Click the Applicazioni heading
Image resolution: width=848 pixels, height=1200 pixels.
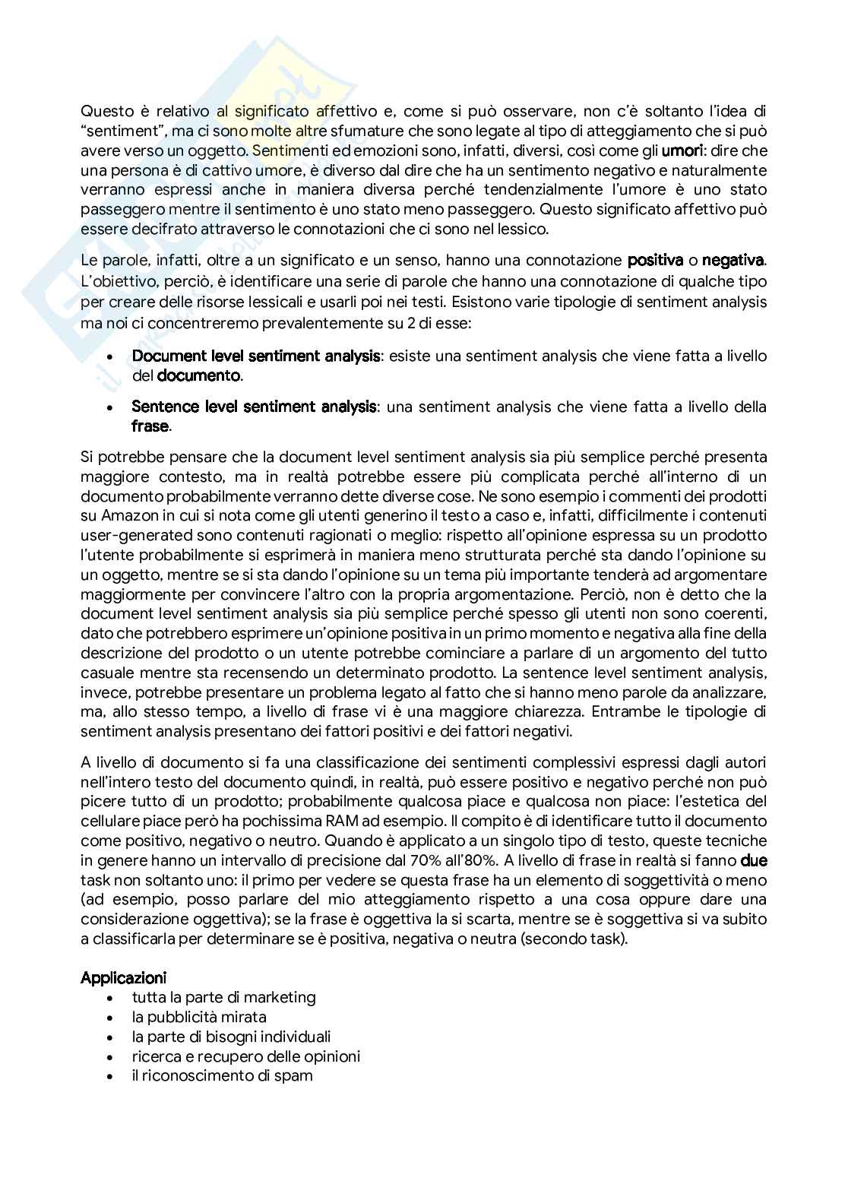(124, 977)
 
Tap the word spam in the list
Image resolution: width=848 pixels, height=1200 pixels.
(295, 1075)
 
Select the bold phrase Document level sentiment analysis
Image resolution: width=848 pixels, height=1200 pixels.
(256, 356)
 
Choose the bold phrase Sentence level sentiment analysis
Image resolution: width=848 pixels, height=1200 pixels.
(254, 407)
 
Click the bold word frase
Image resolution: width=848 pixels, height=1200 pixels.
(150, 426)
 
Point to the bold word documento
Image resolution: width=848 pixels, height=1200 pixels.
(199, 375)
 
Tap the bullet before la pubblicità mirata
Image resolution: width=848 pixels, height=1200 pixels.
(113, 1017)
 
